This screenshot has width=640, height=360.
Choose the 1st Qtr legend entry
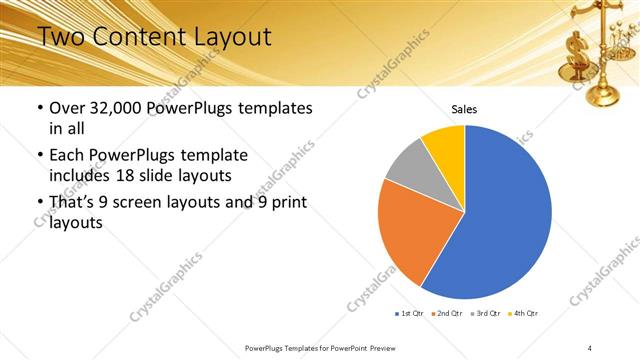(x=409, y=314)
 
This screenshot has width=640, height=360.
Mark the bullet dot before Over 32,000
(x=39, y=108)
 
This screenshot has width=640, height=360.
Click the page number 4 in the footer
(x=590, y=347)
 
